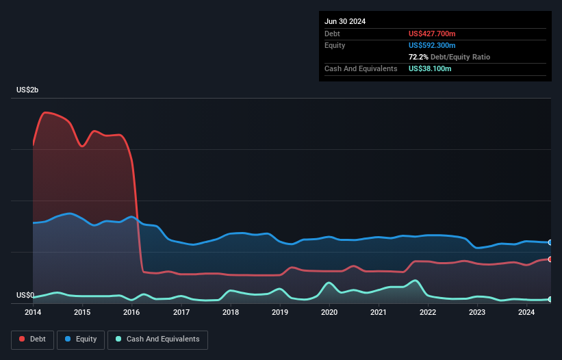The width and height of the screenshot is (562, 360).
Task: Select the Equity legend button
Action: [81, 339]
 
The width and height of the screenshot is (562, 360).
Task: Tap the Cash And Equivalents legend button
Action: [157, 339]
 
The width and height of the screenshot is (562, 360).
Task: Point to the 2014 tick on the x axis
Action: [33, 312]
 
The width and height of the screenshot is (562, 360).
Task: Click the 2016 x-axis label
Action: [131, 312]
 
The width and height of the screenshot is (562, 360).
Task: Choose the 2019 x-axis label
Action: [280, 312]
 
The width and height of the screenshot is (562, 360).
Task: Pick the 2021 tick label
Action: [379, 312]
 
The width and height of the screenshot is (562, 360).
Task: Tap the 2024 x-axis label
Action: [526, 312]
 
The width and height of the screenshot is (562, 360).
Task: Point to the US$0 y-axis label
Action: [25, 296]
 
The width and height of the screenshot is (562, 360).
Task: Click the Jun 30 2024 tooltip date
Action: [345, 21]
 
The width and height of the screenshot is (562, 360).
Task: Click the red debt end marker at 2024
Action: [550, 259]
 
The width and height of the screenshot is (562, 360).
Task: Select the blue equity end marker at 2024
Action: [550, 242]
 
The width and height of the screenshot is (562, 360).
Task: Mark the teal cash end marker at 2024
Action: [550, 299]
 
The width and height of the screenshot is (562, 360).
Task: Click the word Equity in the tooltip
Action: [335, 45]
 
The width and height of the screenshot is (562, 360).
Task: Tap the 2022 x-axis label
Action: [428, 312]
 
